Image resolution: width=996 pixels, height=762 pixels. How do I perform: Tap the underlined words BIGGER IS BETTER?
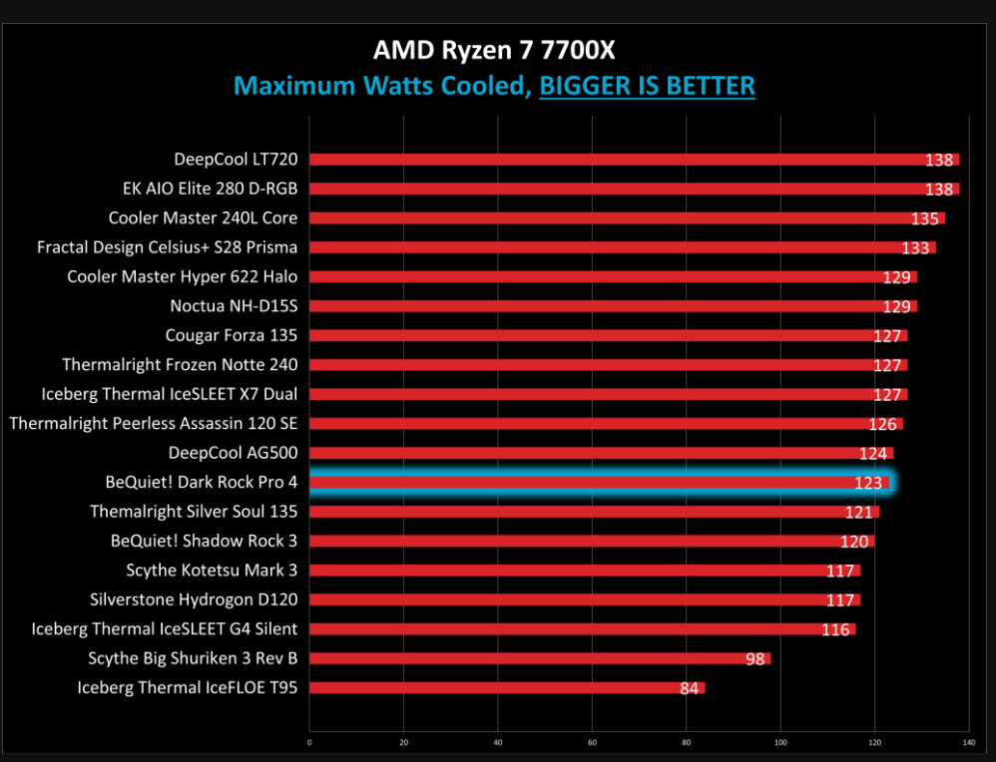click(647, 86)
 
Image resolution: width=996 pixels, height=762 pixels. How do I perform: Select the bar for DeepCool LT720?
click(634, 160)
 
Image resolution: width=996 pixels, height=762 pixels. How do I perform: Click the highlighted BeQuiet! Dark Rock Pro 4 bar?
click(599, 483)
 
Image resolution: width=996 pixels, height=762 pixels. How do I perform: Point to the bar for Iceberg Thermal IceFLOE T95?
click(507, 688)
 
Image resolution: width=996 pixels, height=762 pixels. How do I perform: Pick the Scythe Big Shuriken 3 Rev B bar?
click(540, 658)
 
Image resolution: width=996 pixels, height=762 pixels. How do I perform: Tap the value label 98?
click(756, 658)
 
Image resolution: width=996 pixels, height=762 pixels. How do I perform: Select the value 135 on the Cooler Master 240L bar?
click(925, 218)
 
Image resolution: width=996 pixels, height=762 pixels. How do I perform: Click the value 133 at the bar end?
click(915, 247)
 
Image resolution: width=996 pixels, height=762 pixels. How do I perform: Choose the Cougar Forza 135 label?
click(232, 335)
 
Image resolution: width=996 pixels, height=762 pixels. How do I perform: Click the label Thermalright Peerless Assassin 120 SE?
click(154, 424)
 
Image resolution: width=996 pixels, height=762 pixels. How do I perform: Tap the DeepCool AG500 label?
click(233, 453)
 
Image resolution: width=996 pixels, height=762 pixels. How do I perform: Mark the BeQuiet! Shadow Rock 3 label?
click(205, 541)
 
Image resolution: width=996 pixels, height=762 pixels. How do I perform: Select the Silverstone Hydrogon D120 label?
click(194, 599)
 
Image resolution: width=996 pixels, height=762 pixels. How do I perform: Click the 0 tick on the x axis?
click(309, 742)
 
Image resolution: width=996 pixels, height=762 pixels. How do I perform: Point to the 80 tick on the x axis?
click(686, 742)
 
